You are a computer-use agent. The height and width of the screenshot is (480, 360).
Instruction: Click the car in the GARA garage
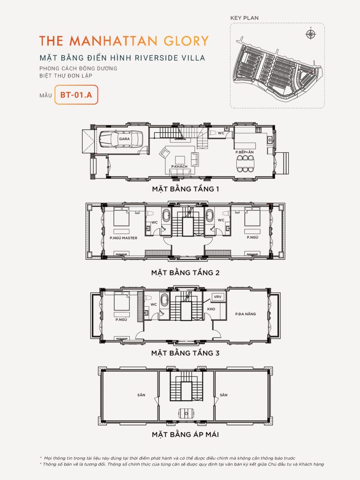click(123, 139)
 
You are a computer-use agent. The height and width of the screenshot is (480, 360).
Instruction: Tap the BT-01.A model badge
click(76, 95)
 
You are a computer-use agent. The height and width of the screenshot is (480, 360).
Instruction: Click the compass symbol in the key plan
click(309, 34)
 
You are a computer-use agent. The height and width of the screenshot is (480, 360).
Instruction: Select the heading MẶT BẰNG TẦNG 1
click(185, 190)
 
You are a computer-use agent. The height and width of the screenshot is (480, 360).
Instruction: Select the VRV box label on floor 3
click(217, 297)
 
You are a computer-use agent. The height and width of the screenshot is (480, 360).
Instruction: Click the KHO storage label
click(211, 309)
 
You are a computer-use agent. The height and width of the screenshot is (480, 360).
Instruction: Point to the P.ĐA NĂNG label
click(246, 314)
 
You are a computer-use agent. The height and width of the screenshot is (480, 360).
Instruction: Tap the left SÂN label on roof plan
click(141, 395)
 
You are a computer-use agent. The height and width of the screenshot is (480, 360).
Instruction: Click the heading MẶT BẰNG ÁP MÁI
click(185, 435)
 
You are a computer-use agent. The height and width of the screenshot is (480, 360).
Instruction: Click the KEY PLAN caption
click(244, 18)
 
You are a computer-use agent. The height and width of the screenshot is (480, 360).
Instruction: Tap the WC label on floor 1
click(221, 133)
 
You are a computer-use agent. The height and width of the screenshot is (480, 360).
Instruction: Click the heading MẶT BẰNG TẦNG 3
click(185, 353)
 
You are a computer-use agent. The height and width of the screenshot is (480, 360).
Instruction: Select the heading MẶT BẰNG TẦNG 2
click(185, 272)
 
